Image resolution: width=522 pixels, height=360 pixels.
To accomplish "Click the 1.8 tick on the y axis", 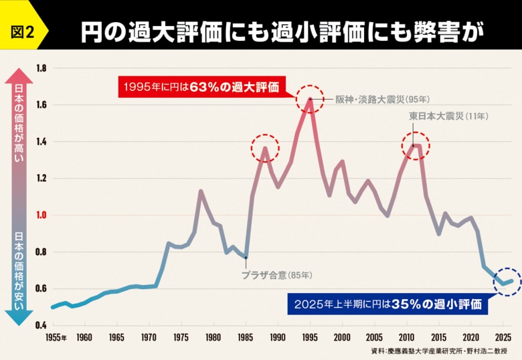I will [41, 68].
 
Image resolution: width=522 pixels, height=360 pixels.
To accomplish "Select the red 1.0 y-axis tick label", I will [41, 215].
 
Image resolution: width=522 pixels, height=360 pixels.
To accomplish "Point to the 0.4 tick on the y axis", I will [41, 325].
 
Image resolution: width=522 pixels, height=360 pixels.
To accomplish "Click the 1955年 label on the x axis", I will [56, 338].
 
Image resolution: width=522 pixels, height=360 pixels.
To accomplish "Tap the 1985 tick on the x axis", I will [246, 338].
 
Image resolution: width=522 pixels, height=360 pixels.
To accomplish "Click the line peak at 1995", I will [310, 99].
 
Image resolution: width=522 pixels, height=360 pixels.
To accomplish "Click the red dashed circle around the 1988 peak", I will [264, 148].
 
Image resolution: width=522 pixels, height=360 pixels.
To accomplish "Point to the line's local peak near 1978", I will [200, 191].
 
